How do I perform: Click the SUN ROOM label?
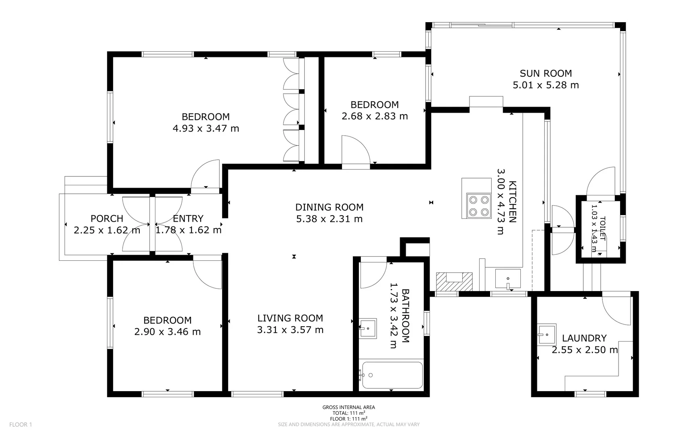click(545, 73)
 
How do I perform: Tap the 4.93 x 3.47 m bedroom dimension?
click(205, 128)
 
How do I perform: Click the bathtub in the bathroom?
click(392, 375)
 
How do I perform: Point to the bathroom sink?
click(368, 328)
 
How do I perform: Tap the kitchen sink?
click(508, 279)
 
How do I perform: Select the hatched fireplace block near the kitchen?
click(454, 281)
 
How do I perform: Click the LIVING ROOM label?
click(290, 318)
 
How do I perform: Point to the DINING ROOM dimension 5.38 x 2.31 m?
click(329, 219)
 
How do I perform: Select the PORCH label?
click(107, 218)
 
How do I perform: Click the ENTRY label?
click(188, 218)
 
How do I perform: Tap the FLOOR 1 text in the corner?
click(20, 424)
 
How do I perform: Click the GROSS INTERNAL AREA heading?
click(348, 407)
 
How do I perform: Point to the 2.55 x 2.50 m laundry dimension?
click(584, 350)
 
